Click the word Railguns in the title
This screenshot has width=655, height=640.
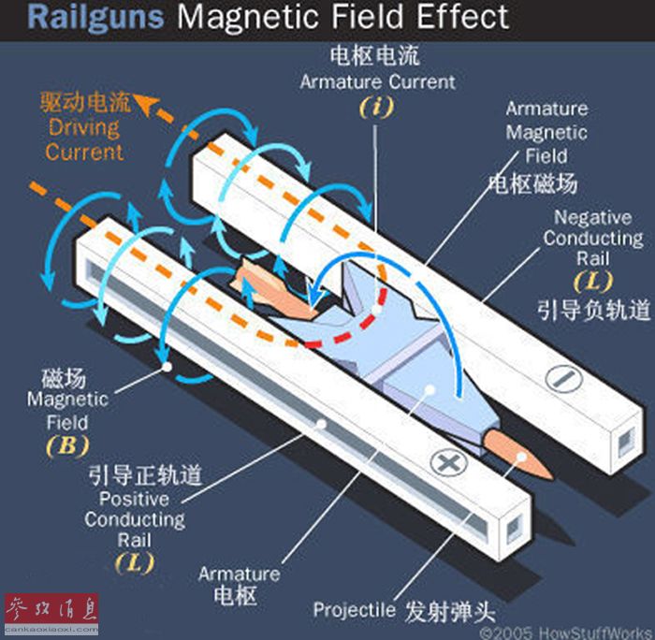tap(95, 18)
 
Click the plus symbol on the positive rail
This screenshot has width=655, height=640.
tap(448, 462)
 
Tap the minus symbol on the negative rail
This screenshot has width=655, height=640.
tap(563, 379)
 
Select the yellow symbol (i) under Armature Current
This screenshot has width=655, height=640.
tap(377, 108)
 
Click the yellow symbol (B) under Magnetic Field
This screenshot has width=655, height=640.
tap(67, 446)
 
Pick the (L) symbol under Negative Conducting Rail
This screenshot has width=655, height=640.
tap(592, 282)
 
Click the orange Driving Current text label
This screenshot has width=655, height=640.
tap(84, 139)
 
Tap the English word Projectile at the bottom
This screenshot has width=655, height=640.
tap(355, 609)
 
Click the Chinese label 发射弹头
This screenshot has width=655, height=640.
tap(450, 612)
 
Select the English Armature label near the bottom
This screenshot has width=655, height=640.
tap(240, 574)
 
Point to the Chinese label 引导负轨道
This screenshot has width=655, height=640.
tap(593, 310)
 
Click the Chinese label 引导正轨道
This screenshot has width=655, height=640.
tap(145, 475)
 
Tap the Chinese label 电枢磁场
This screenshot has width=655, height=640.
tap(533, 183)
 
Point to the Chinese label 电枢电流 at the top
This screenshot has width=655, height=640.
tap(374, 55)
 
